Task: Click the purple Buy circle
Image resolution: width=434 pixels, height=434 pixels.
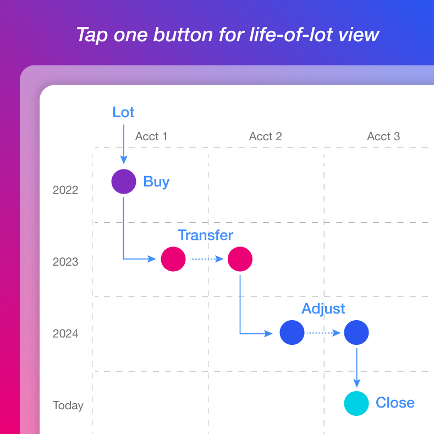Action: [x=124, y=182]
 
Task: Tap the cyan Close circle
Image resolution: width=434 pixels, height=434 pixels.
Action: [x=356, y=403]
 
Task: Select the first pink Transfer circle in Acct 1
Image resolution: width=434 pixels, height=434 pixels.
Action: [x=173, y=259]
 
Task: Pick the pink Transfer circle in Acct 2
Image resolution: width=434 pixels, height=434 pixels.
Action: [x=240, y=259]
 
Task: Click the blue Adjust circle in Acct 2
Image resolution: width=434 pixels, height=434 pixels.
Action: [x=292, y=332]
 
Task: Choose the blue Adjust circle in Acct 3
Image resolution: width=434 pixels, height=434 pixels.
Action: [x=356, y=332]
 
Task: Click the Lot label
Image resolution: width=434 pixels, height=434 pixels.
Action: [x=123, y=112]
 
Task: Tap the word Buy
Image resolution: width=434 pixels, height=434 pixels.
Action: [x=156, y=182]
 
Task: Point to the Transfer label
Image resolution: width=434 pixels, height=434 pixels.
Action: [x=205, y=235]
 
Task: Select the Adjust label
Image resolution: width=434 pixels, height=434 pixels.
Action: [x=323, y=309]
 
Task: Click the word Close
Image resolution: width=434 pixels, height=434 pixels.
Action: [x=395, y=403]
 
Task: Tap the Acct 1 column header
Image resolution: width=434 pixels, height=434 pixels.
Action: [x=151, y=136]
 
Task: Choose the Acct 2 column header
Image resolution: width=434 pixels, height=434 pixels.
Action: [x=266, y=136]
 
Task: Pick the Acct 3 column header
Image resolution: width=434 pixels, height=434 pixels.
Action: [x=383, y=136]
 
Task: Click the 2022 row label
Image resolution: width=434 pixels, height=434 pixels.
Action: [x=65, y=190]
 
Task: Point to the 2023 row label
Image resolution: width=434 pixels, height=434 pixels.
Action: [x=65, y=262]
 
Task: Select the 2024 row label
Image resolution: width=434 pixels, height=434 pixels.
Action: [x=65, y=334]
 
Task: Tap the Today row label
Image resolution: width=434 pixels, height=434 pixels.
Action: [x=68, y=405]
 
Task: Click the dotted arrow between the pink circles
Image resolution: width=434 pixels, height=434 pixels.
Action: [x=206, y=259]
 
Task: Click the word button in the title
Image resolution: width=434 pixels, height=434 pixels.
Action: [x=183, y=35]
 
